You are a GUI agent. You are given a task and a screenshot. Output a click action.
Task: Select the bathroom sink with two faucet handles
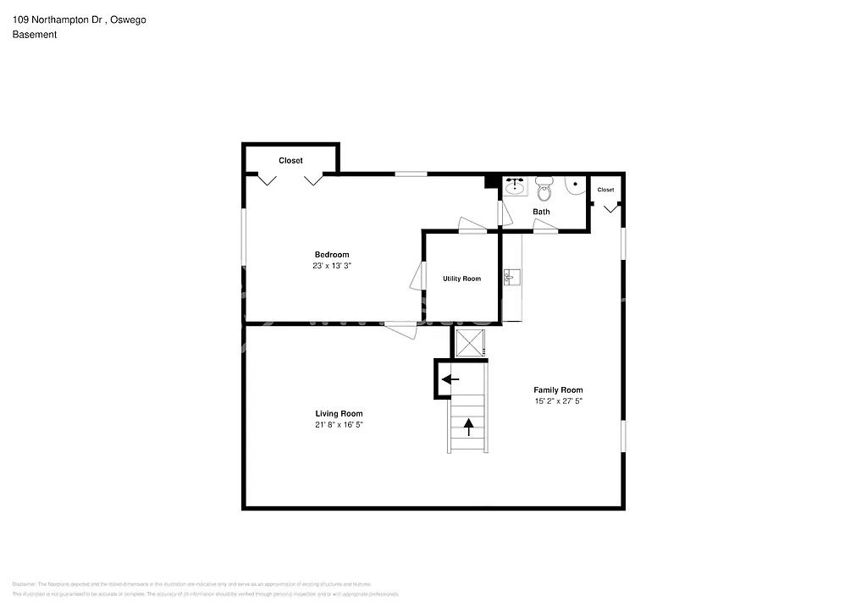[x=515, y=186]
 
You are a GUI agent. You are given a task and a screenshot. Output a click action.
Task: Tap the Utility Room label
[x=461, y=279]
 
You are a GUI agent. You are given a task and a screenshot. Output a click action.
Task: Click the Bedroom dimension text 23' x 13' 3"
[x=332, y=266]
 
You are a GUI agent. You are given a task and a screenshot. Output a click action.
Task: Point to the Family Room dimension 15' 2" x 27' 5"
[x=558, y=401]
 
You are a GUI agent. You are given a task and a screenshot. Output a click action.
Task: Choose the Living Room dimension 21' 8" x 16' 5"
[x=339, y=425]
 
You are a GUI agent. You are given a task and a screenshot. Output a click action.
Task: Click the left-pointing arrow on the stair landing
[x=450, y=379]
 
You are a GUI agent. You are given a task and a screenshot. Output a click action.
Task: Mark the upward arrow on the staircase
[x=468, y=426]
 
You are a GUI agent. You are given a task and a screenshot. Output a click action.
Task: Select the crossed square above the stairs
[x=470, y=343]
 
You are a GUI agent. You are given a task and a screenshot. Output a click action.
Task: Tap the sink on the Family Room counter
[x=511, y=277]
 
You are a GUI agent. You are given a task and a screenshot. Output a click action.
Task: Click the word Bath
[x=541, y=212]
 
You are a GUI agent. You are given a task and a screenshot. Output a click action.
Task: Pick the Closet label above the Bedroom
[x=290, y=161]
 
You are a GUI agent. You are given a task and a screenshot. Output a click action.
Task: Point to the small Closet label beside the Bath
[x=606, y=190]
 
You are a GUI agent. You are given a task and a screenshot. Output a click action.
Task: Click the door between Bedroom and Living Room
[x=400, y=329]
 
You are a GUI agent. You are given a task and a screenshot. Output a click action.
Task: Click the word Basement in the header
[x=35, y=35]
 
